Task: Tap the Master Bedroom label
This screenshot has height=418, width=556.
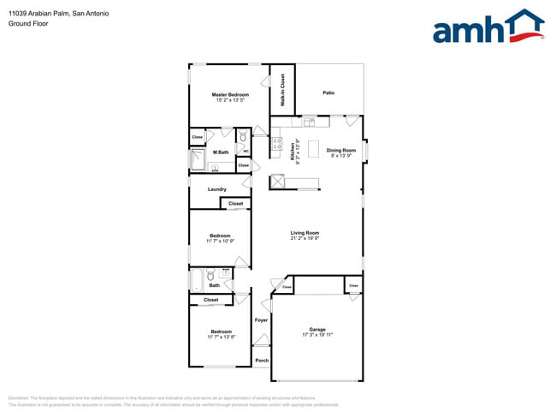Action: [x=230, y=94]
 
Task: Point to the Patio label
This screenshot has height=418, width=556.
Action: [x=328, y=93]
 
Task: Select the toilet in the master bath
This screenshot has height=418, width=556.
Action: [x=242, y=137]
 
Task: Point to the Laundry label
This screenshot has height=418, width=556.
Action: [x=216, y=189]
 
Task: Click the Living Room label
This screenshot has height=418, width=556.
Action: [x=305, y=232]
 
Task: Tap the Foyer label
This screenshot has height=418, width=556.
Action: [x=261, y=320]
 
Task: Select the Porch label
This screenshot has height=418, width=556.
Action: [x=262, y=361]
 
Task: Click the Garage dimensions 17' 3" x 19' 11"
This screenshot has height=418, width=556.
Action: [x=317, y=335]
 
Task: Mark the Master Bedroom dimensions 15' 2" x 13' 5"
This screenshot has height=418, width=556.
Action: [x=230, y=100]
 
